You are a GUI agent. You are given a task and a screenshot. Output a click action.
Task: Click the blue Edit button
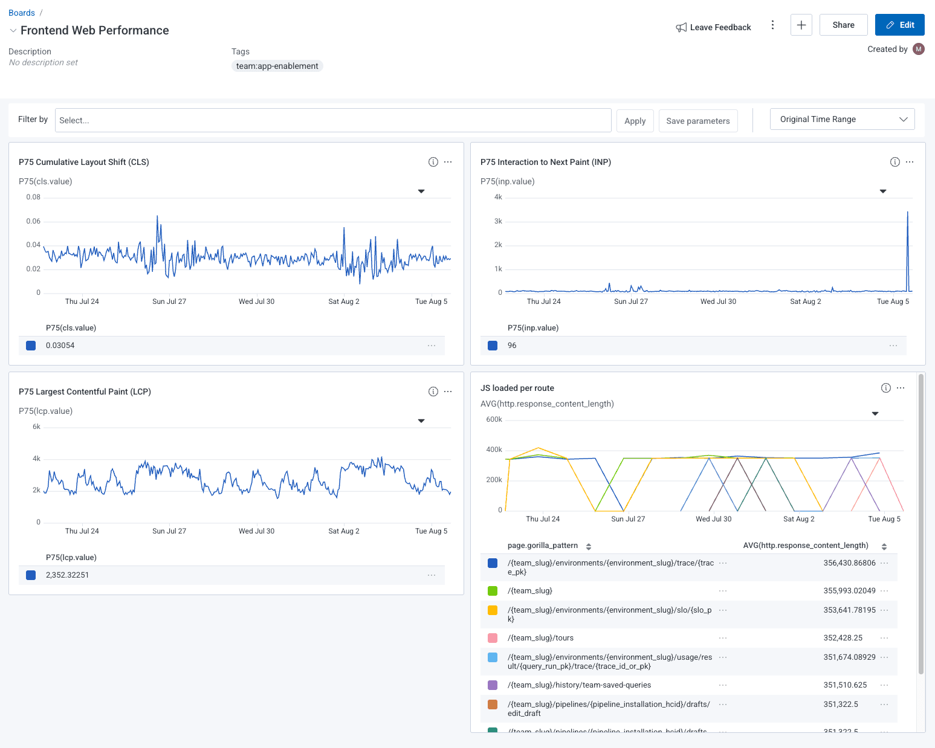(x=899, y=25)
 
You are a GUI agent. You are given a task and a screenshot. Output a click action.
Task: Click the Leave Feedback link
(x=713, y=27)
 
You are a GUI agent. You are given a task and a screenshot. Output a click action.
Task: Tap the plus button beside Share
(x=801, y=25)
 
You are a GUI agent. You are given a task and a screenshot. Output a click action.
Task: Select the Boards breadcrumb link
(x=22, y=13)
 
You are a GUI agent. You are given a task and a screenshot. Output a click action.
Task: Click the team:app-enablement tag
(x=277, y=66)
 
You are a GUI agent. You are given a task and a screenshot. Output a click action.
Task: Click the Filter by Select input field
(x=332, y=120)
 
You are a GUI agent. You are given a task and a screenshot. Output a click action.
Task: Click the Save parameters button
(x=697, y=121)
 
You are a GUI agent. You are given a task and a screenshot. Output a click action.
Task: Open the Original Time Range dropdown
(x=842, y=119)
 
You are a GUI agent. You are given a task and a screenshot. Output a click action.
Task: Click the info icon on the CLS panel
(x=433, y=162)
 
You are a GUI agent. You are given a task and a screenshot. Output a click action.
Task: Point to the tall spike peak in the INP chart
(x=907, y=212)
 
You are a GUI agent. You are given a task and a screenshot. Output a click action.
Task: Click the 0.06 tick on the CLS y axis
(x=33, y=221)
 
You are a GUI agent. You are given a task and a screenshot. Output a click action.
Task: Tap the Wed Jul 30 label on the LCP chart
(x=256, y=531)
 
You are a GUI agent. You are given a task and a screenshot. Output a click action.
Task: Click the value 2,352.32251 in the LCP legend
(x=67, y=575)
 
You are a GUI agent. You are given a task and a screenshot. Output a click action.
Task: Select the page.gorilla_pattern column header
(x=543, y=546)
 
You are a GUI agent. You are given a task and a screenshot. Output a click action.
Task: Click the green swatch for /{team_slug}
(x=493, y=591)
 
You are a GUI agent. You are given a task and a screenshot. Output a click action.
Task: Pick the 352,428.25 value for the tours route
(x=843, y=638)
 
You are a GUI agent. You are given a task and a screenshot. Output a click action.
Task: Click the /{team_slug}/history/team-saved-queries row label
(x=579, y=685)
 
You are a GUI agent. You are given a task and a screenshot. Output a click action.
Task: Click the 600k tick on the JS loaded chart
(x=494, y=419)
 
